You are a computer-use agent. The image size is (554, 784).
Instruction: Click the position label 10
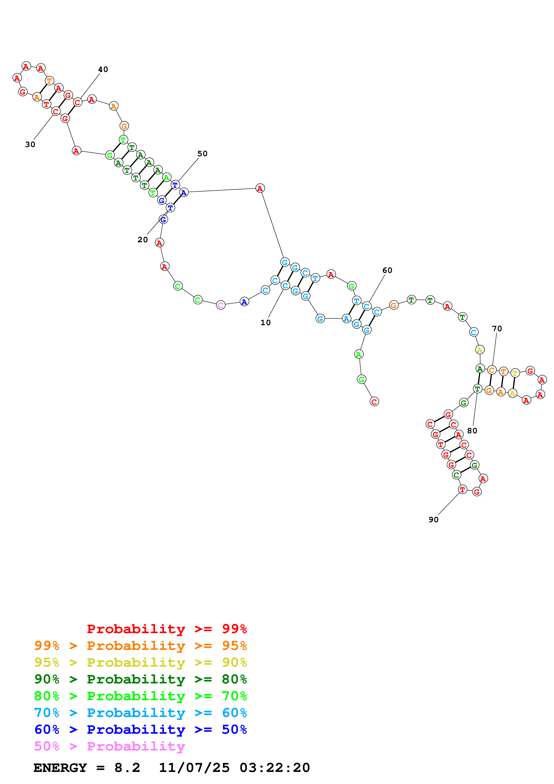point(265,323)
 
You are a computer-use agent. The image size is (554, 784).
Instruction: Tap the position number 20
point(143,240)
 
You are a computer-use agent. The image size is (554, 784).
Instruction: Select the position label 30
point(30,144)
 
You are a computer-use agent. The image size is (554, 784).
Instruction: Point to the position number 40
point(103,69)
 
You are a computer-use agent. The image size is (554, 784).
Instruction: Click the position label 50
point(202,154)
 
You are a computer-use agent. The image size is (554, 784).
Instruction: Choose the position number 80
point(472,431)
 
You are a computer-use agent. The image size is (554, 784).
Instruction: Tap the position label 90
point(434,519)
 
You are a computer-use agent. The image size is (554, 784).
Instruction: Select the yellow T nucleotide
point(515,373)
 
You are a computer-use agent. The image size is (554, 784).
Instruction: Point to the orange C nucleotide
point(491,370)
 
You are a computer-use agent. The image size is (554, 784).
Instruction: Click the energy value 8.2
point(127,768)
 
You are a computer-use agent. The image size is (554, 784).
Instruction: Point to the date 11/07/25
point(194,768)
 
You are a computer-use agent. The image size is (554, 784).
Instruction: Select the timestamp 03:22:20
point(275,768)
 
